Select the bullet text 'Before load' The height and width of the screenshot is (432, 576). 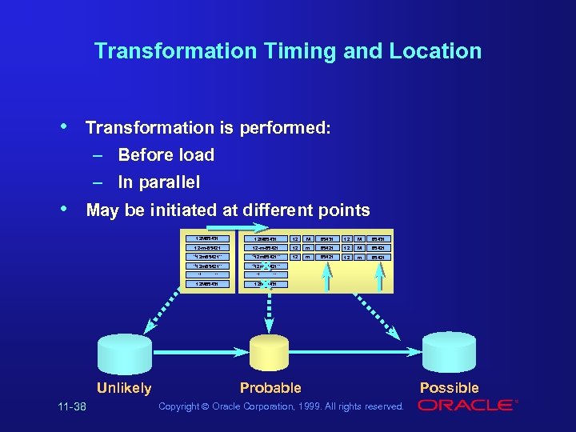pyautogui.click(x=166, y=154)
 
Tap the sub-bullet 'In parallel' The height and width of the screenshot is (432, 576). pyautogui.click(x=159, y=182)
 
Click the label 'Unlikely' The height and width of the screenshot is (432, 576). pyautogui.click(x=124, y=388)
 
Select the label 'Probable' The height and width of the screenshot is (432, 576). pyautogui.click(x=270, y=388)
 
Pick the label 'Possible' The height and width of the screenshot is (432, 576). pyautogui.click(x=449, y=388)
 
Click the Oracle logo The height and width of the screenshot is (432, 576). pyautogui.click(x=467, y=406)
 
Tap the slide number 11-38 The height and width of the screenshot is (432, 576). pyautogui.click(x=72, y=407)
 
